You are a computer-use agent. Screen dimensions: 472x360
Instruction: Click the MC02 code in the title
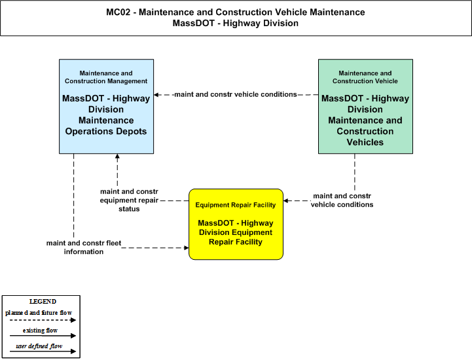[118, 12]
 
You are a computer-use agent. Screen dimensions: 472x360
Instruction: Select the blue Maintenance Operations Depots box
[106, 106]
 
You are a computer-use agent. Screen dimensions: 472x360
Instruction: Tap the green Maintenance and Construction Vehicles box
[365, 106]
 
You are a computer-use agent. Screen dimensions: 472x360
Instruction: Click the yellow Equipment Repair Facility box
[236, 225]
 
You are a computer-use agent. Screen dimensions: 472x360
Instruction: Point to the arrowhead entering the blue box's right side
[156, 95]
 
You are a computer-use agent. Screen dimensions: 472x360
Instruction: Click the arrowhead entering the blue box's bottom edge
[117, 156]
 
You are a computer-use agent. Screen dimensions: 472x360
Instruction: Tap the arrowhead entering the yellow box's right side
[285, 201]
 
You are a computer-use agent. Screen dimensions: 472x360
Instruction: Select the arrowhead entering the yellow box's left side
[187, 247]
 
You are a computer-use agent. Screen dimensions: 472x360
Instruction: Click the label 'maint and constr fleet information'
[84, 247]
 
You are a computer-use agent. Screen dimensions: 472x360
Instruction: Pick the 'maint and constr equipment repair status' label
[129, 200]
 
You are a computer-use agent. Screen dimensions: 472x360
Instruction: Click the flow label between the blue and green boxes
[236, 94]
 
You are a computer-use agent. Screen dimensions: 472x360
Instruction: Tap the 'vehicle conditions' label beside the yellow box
[342, 200]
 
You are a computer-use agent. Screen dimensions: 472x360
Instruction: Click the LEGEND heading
[43, 301]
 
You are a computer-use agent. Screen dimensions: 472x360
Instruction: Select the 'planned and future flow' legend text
[39, 313]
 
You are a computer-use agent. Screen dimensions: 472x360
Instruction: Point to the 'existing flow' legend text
[40, 330]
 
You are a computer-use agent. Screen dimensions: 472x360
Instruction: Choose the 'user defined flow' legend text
[39, 346]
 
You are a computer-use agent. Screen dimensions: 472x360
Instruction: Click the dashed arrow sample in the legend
[43, 320]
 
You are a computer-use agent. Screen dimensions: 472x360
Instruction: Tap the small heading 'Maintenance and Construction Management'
[106, 77]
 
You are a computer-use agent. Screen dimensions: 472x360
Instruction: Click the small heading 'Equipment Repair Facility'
[236, 205]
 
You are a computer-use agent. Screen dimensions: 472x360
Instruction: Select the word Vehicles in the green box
[365, 142]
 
